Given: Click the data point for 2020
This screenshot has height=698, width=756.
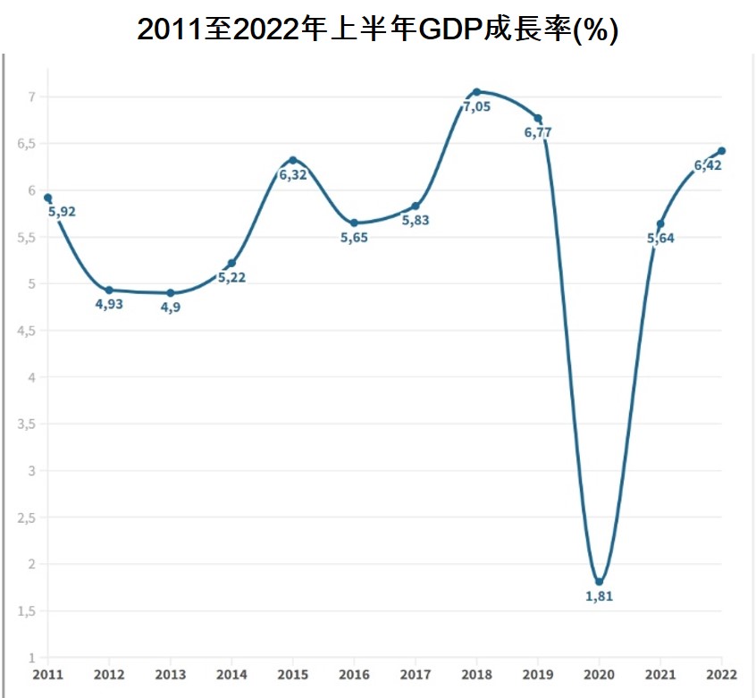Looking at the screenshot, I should pyautogui.click(x=599, y=581).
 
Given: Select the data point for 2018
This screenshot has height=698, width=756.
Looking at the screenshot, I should pyautogui.click(x=476, y=92).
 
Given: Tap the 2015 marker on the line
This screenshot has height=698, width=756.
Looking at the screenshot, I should pyautogui.click(x=293, y=160).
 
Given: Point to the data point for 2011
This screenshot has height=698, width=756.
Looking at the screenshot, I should pyautogui.click(x=47, y=198).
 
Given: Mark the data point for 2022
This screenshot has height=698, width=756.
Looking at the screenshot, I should pyautogui.click(x=722, y=150).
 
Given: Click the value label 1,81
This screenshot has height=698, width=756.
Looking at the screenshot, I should pyautogui.click(x=599, y=597).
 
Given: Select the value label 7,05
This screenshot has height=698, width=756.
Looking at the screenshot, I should pyautogui.click(x=476, y=107).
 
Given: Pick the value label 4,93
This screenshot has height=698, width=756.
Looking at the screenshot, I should pyautogui.click(x=109, y=305).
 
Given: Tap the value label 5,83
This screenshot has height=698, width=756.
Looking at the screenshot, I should pyautogui.click(x=416, y=220).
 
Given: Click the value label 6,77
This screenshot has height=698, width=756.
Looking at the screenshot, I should pyautogui.click(x=538, y=133).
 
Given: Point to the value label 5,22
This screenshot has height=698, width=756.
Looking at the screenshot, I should pyautogui.click(x=231, y=277).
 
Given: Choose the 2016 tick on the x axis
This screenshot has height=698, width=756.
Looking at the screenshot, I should pyautogui.click(x=354, y=673).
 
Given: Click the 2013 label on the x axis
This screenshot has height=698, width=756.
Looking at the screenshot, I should pyautogui.click(x=170, y=673).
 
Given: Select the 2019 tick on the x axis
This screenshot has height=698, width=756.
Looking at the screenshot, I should pyautogui.click(x=538, y=673).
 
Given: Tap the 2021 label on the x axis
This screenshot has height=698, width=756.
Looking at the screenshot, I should pyautogui.click(x=660, y=673).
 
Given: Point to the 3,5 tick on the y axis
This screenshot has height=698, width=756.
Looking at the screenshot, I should pyautogui.click(x=26, y=424).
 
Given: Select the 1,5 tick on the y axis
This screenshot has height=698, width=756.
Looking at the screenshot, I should pyautogui.click(x=26, y=611).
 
